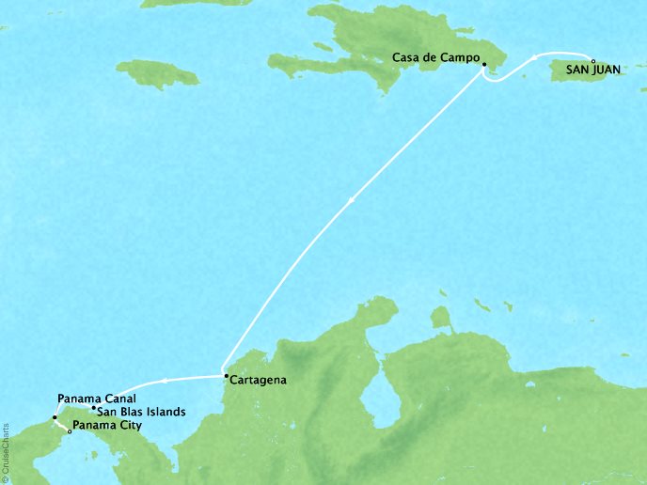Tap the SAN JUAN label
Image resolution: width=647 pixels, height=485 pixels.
[x=592, y=68]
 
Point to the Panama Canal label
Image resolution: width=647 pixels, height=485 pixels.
[x=90, y=399]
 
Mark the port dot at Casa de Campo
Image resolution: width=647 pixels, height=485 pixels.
[x=483, y=65]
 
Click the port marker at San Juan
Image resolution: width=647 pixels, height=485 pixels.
[x=592, y=59]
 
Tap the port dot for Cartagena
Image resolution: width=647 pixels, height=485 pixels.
[x=225, y=377]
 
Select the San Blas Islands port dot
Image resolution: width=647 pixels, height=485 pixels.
[x=92, y=409]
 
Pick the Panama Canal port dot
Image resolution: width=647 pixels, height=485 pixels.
[x=55, y=416]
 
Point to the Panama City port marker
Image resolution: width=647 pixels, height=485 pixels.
[x=70, y=431]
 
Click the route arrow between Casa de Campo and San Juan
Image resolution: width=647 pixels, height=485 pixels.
[x=537, y=57]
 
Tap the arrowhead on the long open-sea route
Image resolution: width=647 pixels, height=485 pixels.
[x=352, y=199]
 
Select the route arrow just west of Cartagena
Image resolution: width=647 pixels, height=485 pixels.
[x=164, y=381]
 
